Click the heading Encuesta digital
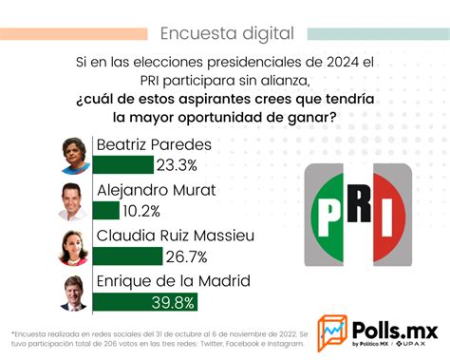(226, 34)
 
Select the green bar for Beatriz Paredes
(123, 165)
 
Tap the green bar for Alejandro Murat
(106, 211)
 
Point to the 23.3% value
(178, 165)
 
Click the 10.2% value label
(141, 211)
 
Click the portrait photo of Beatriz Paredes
(74, 155)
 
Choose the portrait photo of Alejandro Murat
(74, 200)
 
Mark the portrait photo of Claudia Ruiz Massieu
(74, 247)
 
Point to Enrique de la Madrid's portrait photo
(74, 293)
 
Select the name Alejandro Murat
(156, 191)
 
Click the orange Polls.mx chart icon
(331, 333)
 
